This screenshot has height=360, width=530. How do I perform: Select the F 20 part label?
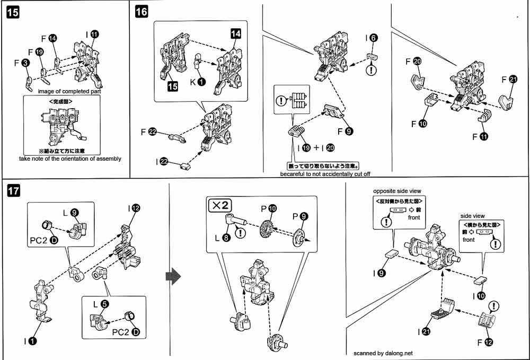[413, 62]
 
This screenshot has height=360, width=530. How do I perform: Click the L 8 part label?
[223, 238]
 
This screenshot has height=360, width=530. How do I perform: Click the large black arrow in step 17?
[173, 276]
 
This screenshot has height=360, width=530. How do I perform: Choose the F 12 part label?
[485, 343]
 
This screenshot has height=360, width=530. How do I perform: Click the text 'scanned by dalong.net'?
[383, 353]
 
